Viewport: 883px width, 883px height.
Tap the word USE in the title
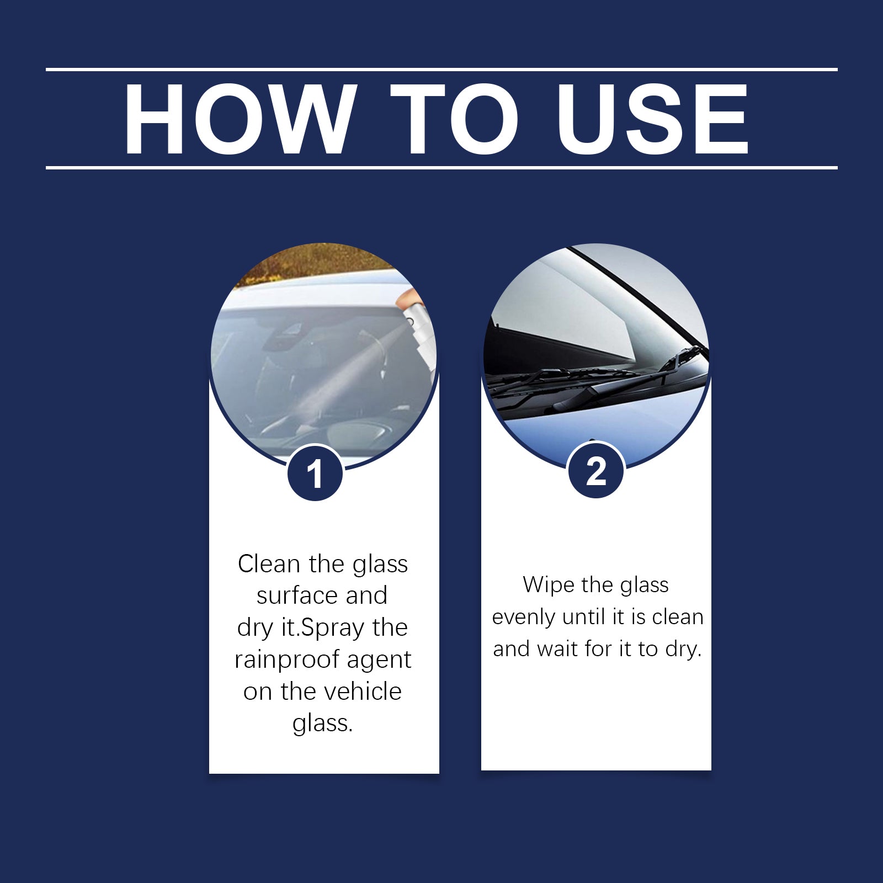(653, 119)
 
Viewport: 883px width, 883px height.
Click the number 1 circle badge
(315, 474)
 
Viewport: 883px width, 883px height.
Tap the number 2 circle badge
(596, 471)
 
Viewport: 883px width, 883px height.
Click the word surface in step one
(298, 596)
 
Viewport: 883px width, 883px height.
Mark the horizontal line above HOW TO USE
(441, 70)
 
